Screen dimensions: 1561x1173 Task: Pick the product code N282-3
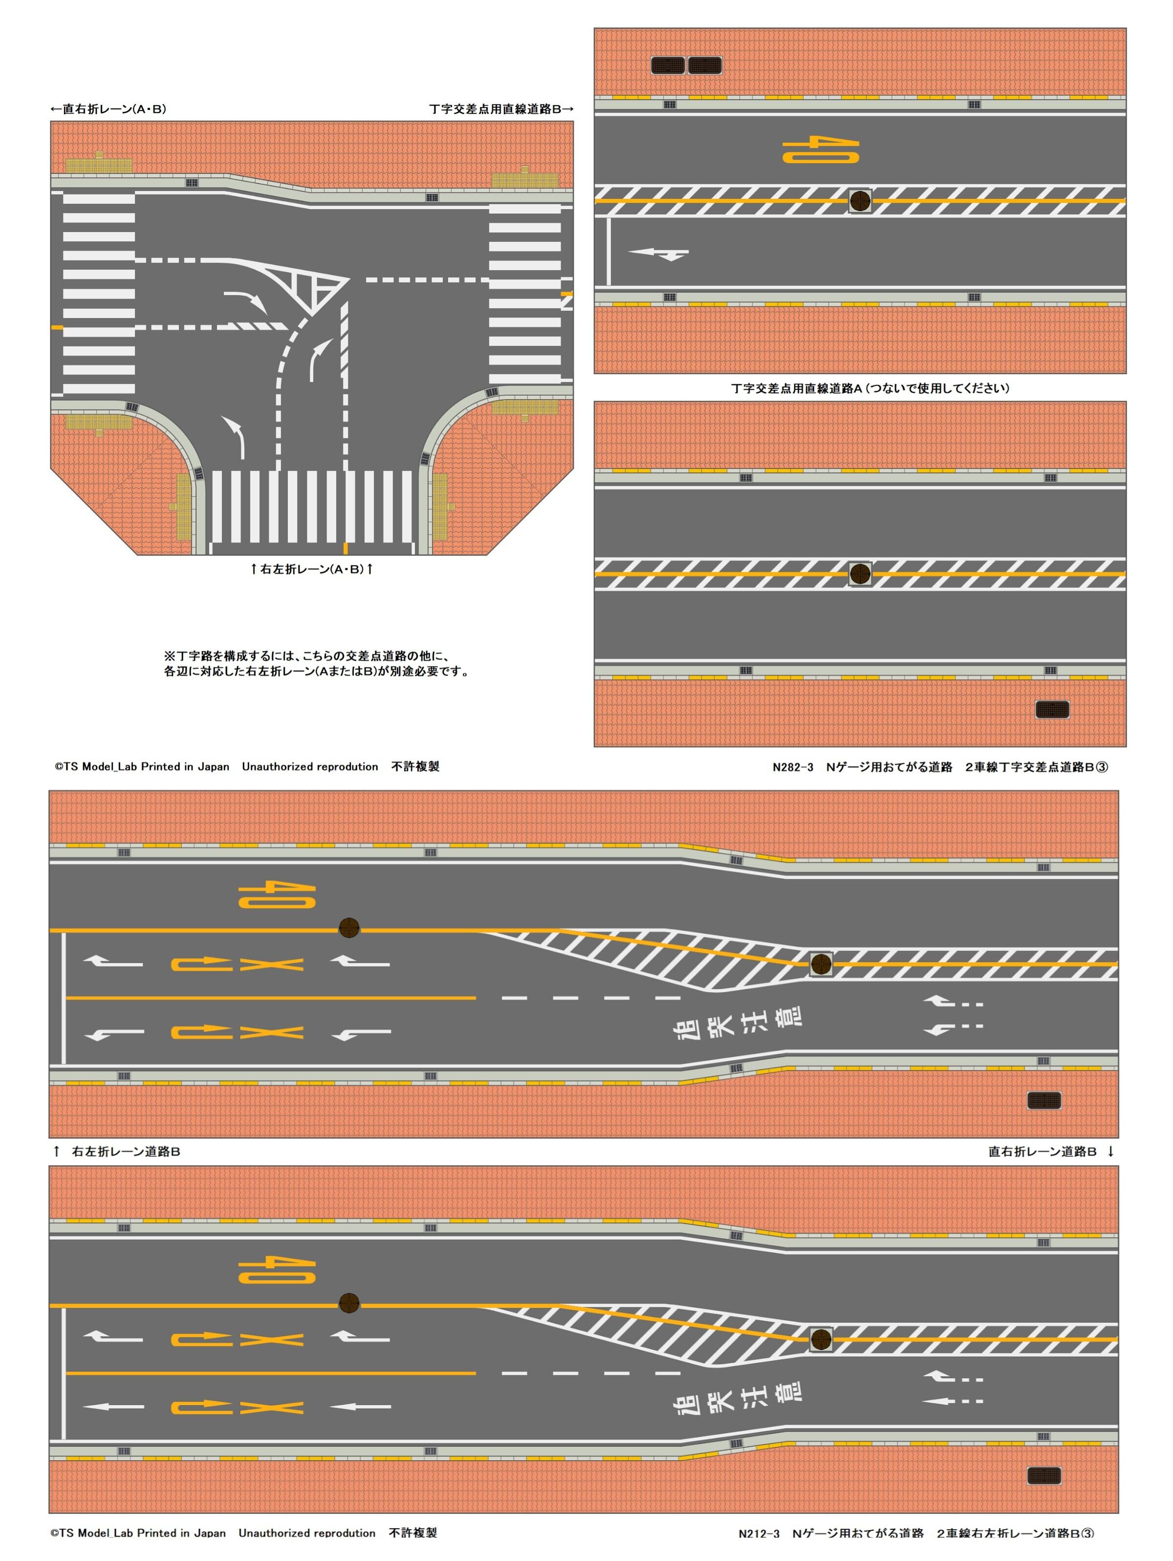pyautogui.click(x=793, y=767)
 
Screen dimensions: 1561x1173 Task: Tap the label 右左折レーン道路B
pyautogui.click(x=126, y=1151)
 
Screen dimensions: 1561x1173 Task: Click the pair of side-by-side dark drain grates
pyautogui.click(x=686, y=65)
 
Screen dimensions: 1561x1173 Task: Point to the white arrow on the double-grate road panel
pyautogui.click(x=658, y=253)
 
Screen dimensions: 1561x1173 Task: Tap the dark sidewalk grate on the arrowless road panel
pyautogui.click(x=1052, y=709)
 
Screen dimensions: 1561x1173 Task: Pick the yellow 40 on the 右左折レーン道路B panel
pyautogui.click(x=277, y=895)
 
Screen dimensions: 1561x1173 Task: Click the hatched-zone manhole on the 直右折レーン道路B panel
pyautogui.click(x=820, y=1339)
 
